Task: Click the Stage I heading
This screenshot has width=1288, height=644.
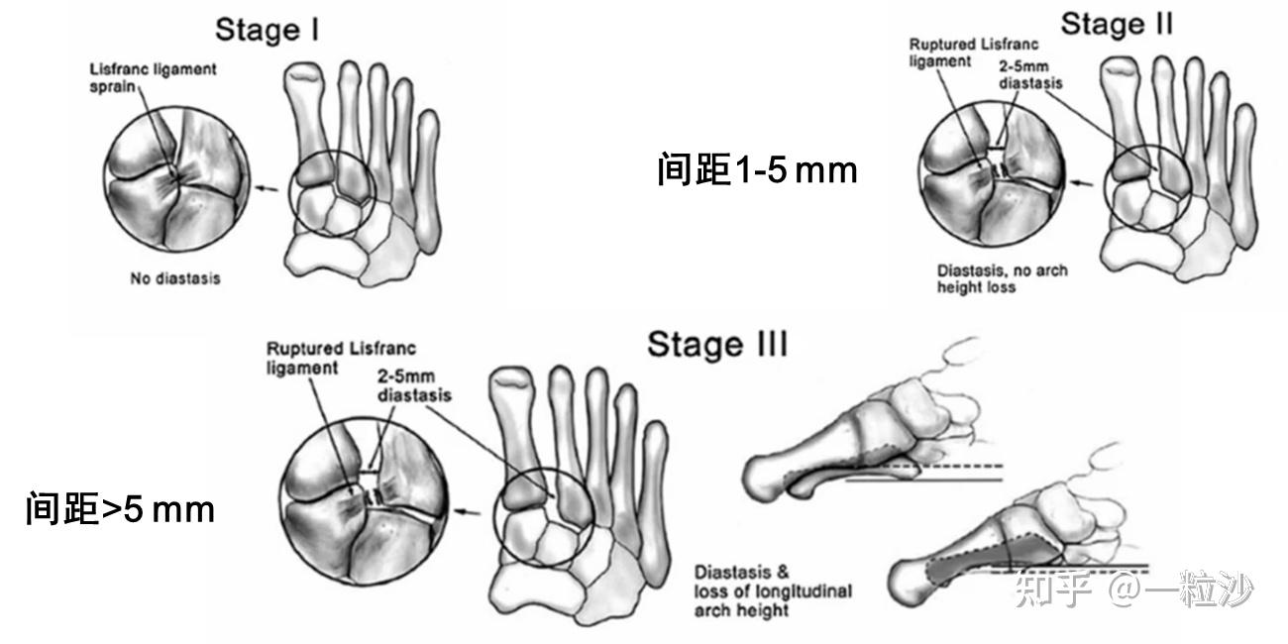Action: (x=267, y=30)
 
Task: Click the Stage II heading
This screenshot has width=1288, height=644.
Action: (x=1116, y=25)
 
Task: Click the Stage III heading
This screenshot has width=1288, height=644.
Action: (x=717, y=345)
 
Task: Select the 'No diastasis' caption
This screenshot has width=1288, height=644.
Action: (x=174, y=278)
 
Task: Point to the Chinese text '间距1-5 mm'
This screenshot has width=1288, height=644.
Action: (x=756, y=170)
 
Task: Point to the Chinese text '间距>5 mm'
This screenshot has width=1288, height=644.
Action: (x=120, y=510)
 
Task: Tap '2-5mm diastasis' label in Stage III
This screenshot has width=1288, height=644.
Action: (x=414, y=386)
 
